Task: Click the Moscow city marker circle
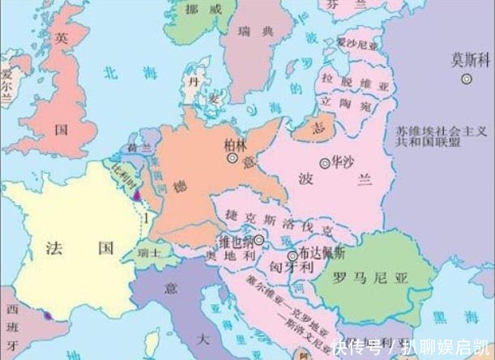click(x=467, y=79)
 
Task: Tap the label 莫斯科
click(x=467, y=59)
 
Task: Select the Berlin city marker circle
click(x=233, y=160)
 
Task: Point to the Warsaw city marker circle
click(x=325, y=163)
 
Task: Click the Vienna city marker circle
click(x=259, y=240)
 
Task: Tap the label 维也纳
click(x=235, y=241)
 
